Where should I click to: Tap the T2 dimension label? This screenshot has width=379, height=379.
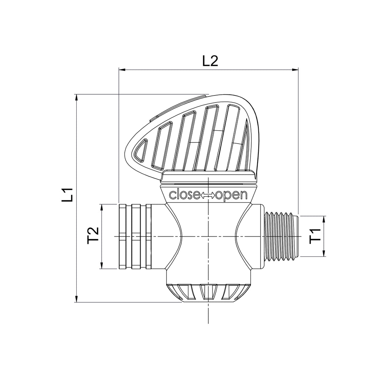(x=93, y=234)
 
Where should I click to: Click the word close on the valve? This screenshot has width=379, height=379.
(x=185, y=195)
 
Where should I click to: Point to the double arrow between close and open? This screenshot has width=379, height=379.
(x=208, y=195)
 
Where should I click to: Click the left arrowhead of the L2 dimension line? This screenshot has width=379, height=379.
(x=122, y=70)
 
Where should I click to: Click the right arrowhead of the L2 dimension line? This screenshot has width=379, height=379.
(x=295, y=70)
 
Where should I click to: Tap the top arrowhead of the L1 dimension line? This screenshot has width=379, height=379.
(x=76, y=98)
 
